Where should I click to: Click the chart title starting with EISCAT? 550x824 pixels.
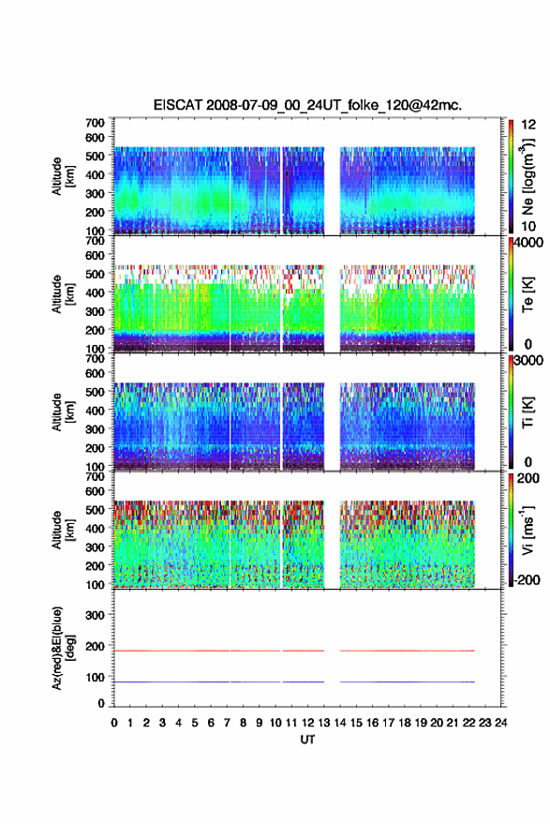(308, 105)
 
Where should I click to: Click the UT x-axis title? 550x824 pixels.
(307, 740)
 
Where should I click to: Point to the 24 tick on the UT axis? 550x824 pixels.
(500, 723)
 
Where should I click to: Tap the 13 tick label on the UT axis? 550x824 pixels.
(323, 723)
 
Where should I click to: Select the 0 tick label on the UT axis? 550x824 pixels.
(114, 723)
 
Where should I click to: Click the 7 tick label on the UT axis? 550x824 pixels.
(227, 723)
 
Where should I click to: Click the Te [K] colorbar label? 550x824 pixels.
(528, 294)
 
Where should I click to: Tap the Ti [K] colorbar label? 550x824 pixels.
(528, 412)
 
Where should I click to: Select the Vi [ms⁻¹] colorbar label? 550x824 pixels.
(528, 530)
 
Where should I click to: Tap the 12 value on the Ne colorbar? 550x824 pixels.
(529, 125)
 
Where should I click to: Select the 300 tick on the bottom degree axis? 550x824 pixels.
(95, 615)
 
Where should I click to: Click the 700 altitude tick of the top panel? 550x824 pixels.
(95, 123)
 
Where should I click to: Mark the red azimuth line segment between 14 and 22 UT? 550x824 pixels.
(408, 651)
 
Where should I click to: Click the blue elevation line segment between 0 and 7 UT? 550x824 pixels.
(171, 682)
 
